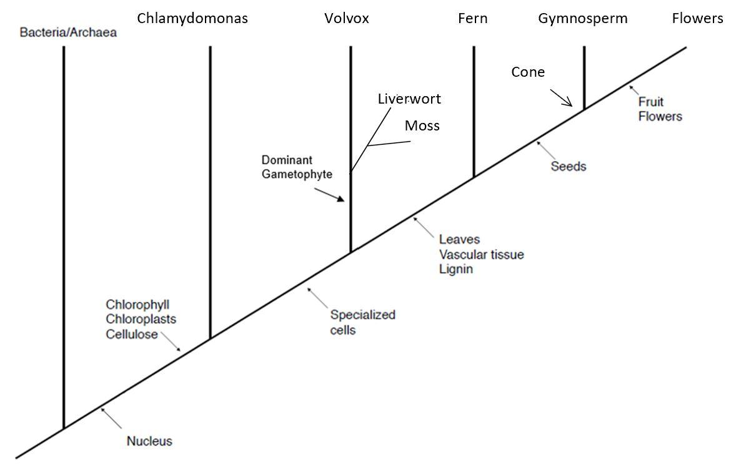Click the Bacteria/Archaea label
[68, 32]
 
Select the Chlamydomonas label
[192, 19]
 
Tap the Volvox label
[346, 18]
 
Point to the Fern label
[473, 18]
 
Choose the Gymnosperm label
[583, 19]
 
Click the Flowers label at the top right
[697, 18]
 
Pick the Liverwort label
[409, 99]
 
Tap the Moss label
[422, 125]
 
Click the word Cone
[528, 72]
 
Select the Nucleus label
[149, 441]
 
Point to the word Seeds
[569, 166]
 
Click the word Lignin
[456, 269]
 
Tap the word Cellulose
[132, 334]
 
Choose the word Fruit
[651, 102]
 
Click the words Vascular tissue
[482, 255]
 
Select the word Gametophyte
[297, 174]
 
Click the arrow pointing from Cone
[561, 98]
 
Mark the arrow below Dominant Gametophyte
[329, 195]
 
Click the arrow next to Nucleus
[111, 418]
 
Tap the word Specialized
[363, 315]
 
